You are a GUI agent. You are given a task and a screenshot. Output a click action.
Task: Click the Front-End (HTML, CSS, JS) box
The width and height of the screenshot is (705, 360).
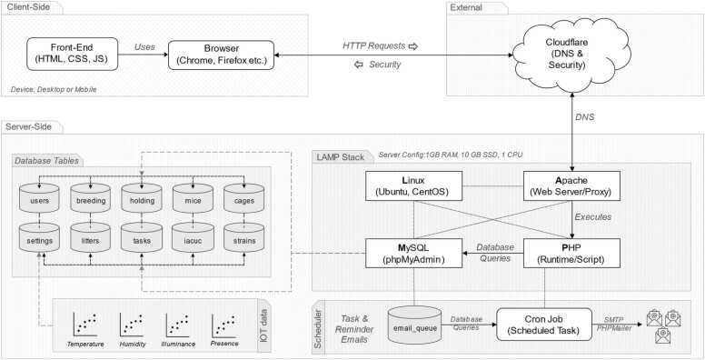73,54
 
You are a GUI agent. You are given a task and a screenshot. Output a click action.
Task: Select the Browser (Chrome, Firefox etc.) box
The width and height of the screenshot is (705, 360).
221,55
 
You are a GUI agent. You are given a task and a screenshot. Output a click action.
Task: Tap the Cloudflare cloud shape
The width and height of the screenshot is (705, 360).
571,54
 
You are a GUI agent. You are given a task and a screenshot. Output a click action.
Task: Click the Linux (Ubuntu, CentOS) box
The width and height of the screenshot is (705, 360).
413,185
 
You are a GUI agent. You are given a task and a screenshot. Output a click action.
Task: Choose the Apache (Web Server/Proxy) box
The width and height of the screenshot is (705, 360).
572,185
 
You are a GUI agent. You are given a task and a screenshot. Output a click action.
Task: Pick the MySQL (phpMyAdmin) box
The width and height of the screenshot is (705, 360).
413,254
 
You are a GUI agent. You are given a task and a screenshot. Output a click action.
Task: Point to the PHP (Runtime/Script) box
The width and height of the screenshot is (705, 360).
572,254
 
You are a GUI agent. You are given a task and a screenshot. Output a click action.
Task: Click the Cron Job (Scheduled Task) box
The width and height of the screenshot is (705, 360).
544,324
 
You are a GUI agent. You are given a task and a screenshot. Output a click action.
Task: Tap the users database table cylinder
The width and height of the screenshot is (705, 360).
40,198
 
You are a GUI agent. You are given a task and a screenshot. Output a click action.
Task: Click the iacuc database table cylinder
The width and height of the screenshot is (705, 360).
193,238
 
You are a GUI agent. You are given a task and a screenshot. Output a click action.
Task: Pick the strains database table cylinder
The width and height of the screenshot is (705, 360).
244,238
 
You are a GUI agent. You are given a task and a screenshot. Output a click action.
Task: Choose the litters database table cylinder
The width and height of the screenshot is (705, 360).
90,238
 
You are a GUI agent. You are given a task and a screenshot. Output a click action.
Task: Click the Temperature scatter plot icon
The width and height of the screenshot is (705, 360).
85,325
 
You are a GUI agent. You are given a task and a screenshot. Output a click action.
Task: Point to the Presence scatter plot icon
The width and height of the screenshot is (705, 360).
223,325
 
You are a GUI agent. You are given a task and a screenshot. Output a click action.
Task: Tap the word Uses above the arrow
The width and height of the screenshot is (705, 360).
144,46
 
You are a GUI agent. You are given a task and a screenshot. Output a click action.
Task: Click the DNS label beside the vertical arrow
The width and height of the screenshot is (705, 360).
585,117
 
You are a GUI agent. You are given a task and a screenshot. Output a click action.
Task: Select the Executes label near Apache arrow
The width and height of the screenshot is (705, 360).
593,217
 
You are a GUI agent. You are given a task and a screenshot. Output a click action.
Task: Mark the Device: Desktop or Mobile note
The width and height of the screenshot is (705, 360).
54,90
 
